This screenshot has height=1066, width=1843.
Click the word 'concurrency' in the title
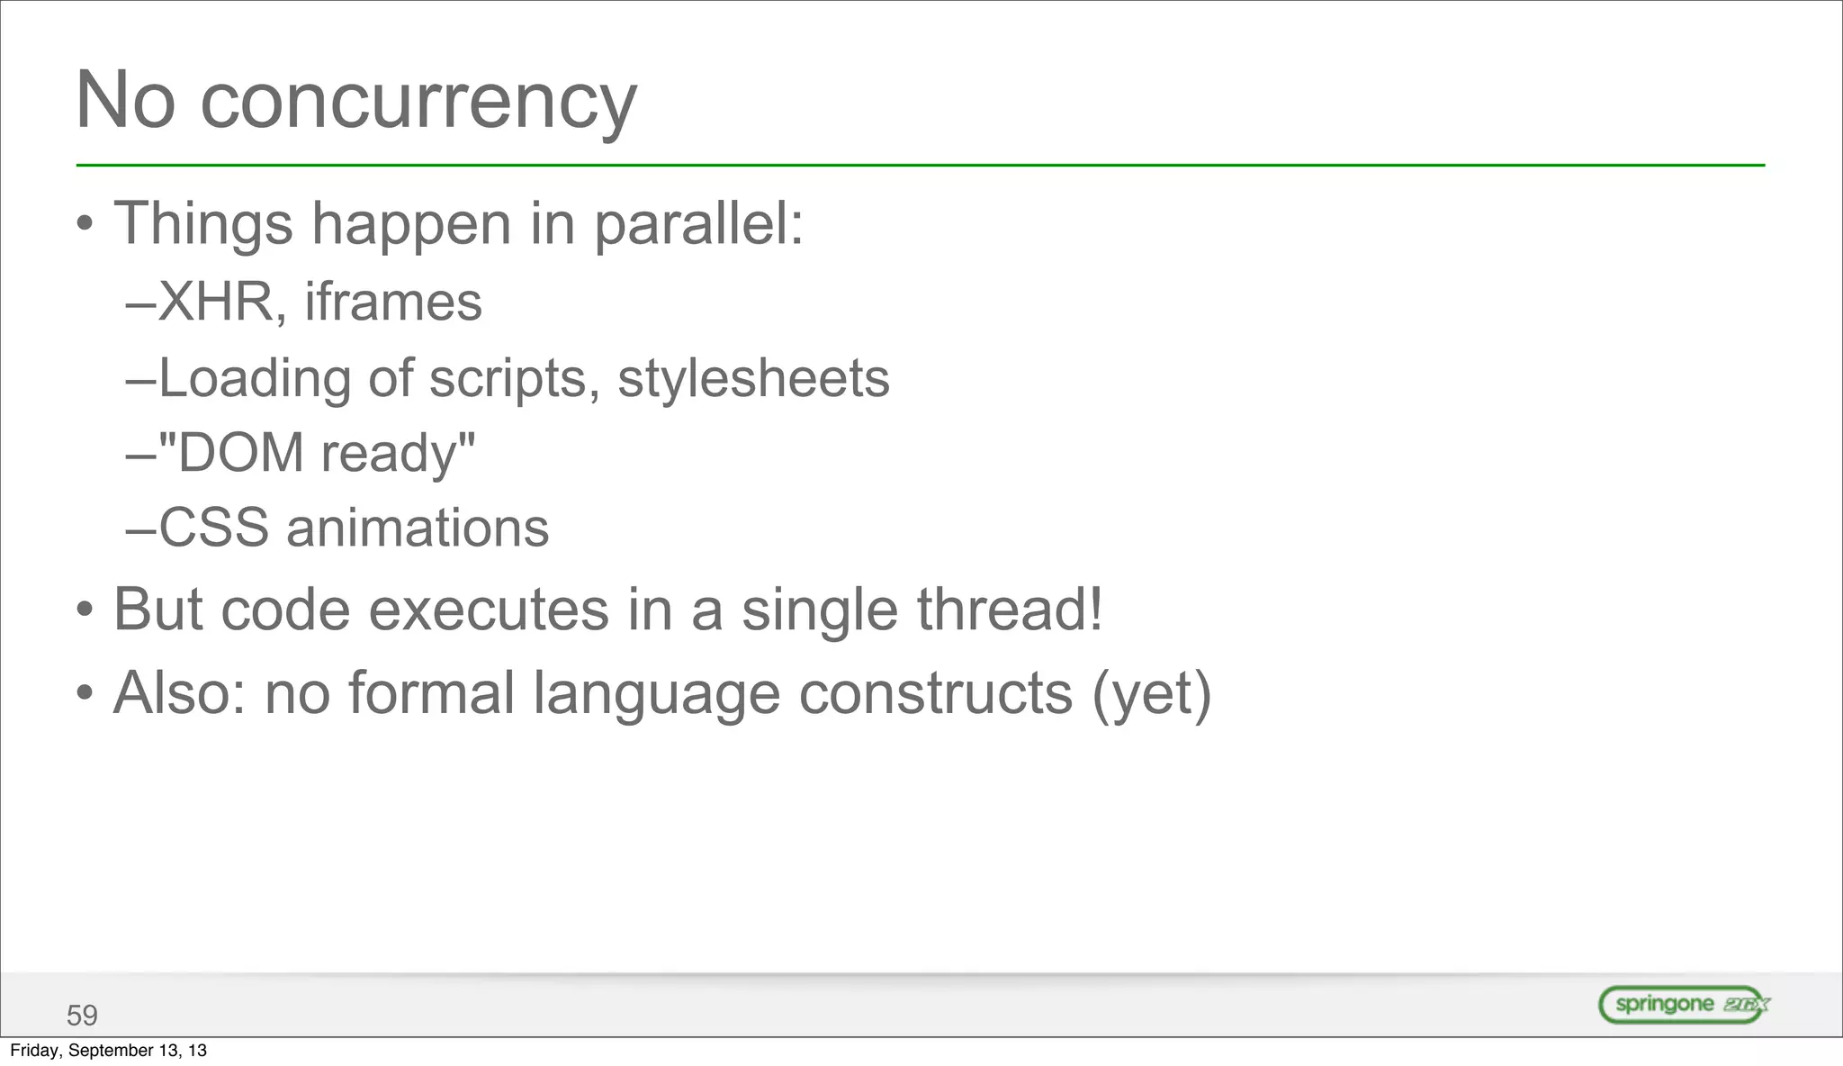tap(418, 102)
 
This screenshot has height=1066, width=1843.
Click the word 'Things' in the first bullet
tap(203, 224)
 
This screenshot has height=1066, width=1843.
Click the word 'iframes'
tap(393, 302)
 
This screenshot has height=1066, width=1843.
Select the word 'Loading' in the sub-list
tap(255, 378)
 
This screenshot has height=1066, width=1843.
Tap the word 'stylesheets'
tap(753, 377)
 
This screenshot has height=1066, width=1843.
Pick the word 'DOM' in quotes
tap(241, 452)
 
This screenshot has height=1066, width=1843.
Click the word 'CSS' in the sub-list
tap(213, 528)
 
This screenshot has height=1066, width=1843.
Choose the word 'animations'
tap(418, 528)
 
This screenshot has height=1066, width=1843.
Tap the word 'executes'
tap(489, 610)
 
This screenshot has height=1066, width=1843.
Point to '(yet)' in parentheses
tap(1152, 693)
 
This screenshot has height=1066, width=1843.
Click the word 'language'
tap(657, 695)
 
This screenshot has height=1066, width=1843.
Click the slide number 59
tap(82, 1016)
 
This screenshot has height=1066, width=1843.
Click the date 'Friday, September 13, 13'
tap(108, 1051)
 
